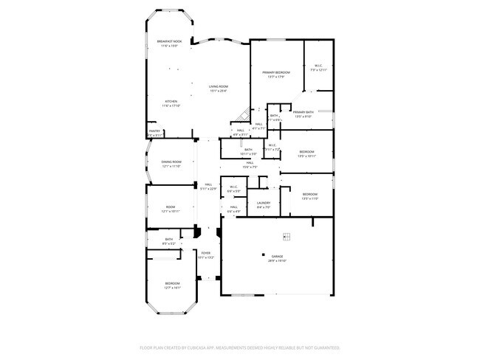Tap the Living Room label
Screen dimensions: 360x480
(x=218, y=86)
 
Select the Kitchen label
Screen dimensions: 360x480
(x=171, y=101)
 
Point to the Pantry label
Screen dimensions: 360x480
(x=155, y=131)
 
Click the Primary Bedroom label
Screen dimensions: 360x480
(x=275, y=72)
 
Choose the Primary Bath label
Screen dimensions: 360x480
(x=304, y=112)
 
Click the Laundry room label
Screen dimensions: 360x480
(x=264, y=203)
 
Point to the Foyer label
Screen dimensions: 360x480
(x=206, y=253)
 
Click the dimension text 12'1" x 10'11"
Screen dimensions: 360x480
(x=171, y=211)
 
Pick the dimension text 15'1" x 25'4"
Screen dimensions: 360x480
(x=218, y=91)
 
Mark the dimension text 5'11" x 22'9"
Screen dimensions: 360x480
(x=209, y=189)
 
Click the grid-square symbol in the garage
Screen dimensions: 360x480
(x=287, y=236)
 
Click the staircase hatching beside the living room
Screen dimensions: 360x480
(x=241, y=115)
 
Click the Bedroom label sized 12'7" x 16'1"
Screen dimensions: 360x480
(x=171, y=283)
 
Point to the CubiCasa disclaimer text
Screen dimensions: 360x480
(x=239, y=347)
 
